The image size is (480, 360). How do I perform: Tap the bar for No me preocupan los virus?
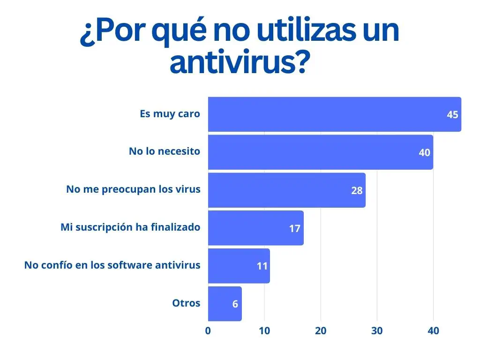(x=286, y=190)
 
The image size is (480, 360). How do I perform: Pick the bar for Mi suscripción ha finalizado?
(x=255, y=228)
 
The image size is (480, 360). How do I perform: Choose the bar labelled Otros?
(x=225, y=304)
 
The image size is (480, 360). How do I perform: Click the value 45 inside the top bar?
(x=452, y=115)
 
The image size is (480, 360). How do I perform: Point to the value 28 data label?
(x=357, y=191)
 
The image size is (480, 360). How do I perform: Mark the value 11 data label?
(x=262, y=266)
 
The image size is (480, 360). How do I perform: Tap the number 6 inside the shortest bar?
(x=235, y=304)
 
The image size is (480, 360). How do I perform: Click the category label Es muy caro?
(x=170, y=114)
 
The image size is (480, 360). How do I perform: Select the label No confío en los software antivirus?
(x=112, y=265)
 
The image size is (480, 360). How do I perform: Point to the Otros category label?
(x=186, y=303)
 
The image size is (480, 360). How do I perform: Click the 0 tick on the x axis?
(x=208, y=331)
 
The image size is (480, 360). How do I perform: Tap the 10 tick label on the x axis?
(x=264, y=331)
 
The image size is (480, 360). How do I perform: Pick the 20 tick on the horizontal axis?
(x=321, y=331)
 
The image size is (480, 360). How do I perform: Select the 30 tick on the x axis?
(x=377, y=331)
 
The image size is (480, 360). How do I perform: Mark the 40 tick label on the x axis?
(x=433, y=331)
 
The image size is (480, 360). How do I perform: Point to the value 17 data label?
(x=294, y=229)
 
